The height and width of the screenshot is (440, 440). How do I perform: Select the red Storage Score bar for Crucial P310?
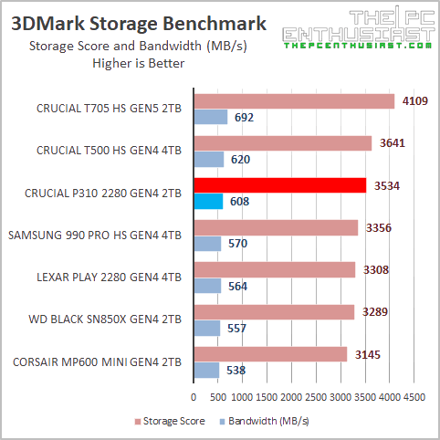[279, 184]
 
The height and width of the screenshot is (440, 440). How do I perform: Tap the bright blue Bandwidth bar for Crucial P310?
[208, 201]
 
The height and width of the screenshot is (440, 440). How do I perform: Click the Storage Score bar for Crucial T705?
[293, 100]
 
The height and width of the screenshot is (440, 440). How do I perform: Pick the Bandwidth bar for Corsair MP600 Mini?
[206, 370]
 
